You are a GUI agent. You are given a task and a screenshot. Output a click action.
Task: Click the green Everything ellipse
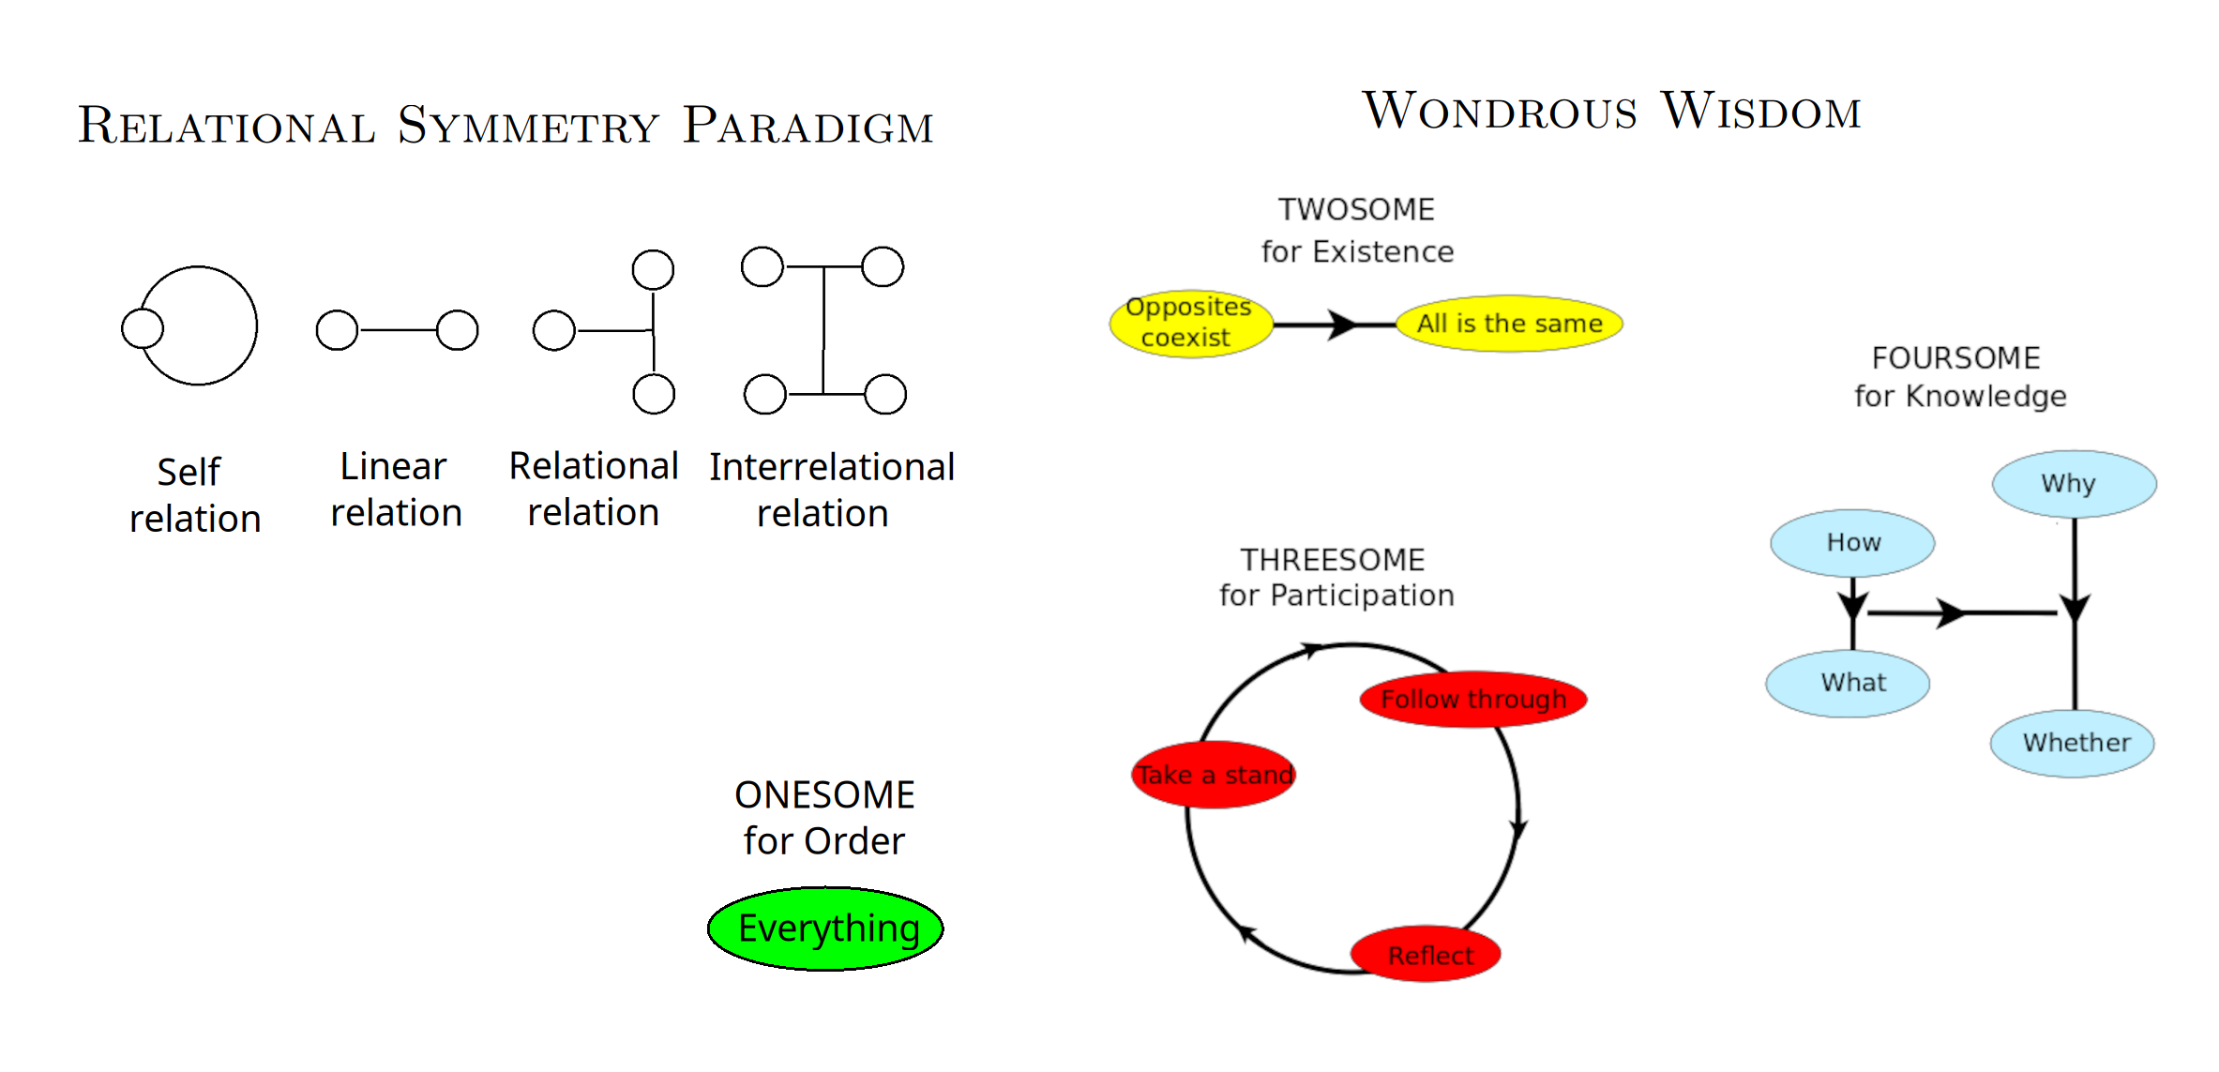[x=825, y=929]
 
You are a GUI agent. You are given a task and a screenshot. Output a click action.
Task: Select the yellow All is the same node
[x=1509, y=324]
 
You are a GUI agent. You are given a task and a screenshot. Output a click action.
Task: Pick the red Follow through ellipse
[x=1473, y=699]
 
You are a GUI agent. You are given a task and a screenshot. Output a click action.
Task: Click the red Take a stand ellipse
[x=1215, y=775]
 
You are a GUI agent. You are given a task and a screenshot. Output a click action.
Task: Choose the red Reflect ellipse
[x=1426, y=954]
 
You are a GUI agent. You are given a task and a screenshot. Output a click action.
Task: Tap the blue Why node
[x=2075, y=484]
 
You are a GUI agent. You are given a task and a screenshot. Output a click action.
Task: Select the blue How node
[x=1852, y=543]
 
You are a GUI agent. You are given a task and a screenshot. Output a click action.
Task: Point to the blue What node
[x=1848, y=684]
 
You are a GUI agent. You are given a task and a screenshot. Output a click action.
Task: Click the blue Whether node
[x=2073, y=744]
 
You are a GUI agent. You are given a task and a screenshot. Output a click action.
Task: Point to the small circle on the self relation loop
[x=143, y=328]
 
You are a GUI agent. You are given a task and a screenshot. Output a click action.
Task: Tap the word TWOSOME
[x=1356, y=209]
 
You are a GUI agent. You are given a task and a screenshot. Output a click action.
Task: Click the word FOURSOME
[x=1955, y=358]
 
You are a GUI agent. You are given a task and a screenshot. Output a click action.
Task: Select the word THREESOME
[x=1333, y=560]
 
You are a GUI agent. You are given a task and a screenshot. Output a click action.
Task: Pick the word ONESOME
[x=824, y=795]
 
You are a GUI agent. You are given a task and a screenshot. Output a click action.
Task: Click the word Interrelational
[x=832, y=467]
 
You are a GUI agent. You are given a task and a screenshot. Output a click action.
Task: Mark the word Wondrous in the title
[x=1500, y=111]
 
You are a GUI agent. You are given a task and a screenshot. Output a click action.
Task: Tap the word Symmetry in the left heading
[x=528, y=126]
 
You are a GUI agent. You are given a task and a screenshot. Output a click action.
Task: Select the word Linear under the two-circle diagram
[x=393, y=466]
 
